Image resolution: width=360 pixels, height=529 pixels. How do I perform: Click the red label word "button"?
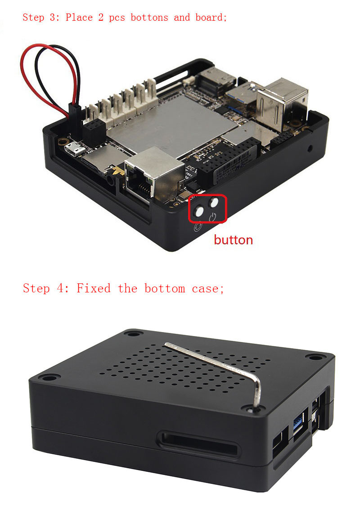point(233,240)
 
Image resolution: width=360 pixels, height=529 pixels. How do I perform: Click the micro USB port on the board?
point(75,149)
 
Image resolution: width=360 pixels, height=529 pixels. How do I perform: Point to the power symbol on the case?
point(212,218)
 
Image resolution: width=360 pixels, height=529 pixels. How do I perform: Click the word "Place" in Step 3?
point(79,17)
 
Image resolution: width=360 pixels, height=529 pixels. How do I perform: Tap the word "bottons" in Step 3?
point(149,17)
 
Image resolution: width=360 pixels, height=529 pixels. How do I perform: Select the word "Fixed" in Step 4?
point(94,288)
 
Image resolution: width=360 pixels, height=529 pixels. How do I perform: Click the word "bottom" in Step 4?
point(165,288)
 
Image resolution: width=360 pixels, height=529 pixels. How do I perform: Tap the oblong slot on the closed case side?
point(198,444)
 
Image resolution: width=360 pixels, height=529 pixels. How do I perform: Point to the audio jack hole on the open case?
point(110,180)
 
